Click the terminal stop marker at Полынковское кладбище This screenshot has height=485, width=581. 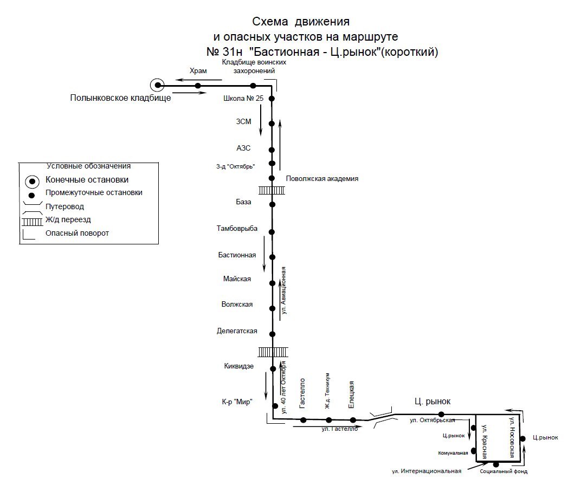157,85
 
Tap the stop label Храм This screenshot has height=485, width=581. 198,71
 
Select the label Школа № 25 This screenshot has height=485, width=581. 243,99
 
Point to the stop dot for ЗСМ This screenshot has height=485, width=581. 272,124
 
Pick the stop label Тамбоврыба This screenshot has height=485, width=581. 238,229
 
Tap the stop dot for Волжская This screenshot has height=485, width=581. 272,308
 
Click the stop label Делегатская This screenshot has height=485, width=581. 237,331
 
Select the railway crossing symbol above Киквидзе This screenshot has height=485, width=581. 272,353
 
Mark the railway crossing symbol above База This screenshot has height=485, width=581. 272,190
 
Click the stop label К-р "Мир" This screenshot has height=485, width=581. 237,402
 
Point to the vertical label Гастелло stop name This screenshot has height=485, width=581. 302,393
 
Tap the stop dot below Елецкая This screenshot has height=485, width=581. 353,420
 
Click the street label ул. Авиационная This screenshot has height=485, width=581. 283,290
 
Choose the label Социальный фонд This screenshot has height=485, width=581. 503,471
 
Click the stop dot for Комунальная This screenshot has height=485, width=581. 474,451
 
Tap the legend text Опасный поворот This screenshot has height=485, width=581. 77,234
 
